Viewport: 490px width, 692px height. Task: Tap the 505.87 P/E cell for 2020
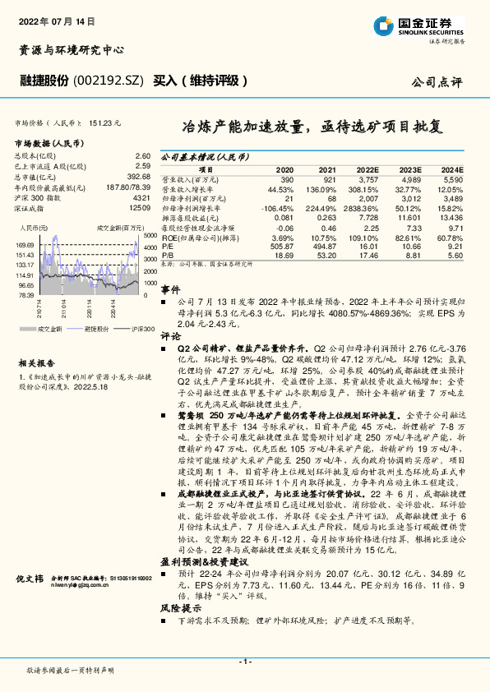coord(281,246)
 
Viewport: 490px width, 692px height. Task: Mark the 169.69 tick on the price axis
coord(23,245)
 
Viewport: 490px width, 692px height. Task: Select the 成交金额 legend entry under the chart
coord(50,328)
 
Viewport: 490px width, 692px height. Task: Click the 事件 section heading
coord(169,289)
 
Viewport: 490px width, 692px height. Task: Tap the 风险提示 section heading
coord(176,609)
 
